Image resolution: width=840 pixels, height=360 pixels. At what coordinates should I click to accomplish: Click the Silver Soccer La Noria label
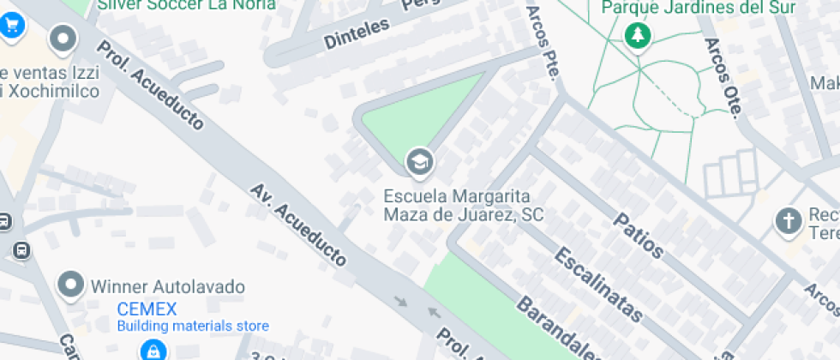coord(186,5)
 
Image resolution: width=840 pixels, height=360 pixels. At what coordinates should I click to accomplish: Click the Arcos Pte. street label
coord(543,39)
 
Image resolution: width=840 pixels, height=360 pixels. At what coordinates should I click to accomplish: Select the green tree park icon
coord(638,36)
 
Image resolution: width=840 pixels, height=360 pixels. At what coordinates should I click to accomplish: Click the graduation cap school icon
coord(419,160)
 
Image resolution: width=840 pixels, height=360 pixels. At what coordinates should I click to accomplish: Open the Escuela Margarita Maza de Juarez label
coord(463,205)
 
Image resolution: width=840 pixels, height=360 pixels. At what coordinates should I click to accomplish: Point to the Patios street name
coord(639,234)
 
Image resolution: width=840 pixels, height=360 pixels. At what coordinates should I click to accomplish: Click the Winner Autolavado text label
coord(168,286)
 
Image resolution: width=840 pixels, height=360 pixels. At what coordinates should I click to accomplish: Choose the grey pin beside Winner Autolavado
coord(70,285)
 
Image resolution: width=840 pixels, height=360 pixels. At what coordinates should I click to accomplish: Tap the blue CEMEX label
coord(147,309)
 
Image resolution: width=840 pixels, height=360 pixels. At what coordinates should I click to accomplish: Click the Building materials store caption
coord(193,326)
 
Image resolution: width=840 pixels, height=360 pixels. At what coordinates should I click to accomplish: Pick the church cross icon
coord(787,221)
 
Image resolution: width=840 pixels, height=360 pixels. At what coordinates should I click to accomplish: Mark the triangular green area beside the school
coord(428,112)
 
